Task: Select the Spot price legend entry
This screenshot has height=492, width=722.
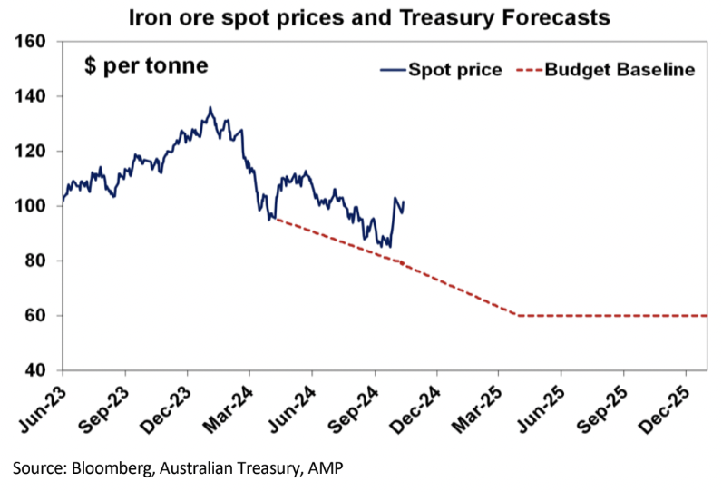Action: (441, 70)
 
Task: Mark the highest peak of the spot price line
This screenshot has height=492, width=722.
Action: (210, 107)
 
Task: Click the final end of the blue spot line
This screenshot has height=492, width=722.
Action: (404, 202)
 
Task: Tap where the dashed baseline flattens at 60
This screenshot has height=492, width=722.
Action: (519, 316)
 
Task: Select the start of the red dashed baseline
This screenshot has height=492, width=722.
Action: (274, 219)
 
